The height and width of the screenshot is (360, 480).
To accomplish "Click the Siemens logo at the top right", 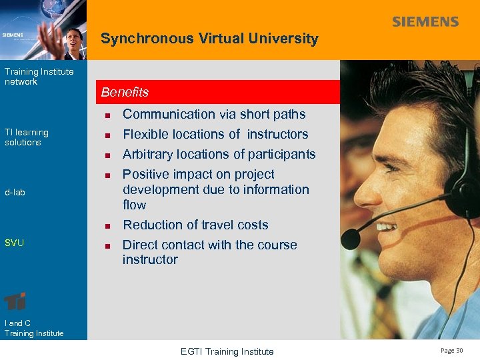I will [425, 22].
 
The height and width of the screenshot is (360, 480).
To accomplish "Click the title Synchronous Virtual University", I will [209, 39].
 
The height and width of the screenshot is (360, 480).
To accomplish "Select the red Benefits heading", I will [125, 92].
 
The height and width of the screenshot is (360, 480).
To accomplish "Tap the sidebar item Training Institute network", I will [39, 77].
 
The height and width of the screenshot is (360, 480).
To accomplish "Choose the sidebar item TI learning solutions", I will [26, 137].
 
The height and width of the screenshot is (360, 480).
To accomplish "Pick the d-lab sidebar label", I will [15, 193].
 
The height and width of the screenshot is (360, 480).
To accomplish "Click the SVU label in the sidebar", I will [14, 243].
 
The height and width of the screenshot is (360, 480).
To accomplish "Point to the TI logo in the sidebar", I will [15, 301].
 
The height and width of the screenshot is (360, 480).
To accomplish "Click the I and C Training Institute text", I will [33, 328].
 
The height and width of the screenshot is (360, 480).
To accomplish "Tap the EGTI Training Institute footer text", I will [227, 351].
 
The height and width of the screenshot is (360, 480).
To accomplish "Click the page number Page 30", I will [451, 351].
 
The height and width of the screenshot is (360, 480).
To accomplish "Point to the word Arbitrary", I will [148, 154].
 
